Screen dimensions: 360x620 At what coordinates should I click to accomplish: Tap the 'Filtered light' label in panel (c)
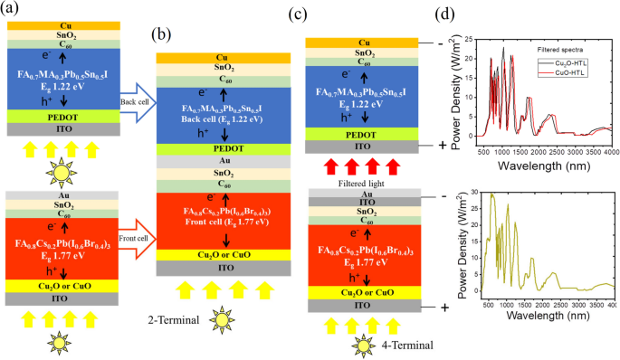[x=362, y=179]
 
